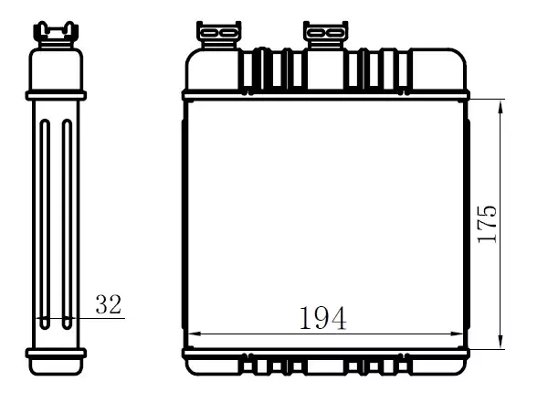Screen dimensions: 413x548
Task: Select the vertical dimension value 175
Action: [488, 221]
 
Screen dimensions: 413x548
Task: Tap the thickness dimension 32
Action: [108, 305]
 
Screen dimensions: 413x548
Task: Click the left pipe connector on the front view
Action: [219, 36]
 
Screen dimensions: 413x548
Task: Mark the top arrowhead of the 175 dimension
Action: [501, 106]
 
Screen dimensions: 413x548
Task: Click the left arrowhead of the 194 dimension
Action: [191, 334]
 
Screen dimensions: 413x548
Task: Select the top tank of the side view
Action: [56, 69]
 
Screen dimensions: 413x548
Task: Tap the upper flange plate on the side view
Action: [56, 94]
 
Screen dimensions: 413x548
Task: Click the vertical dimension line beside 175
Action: [501, 183]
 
